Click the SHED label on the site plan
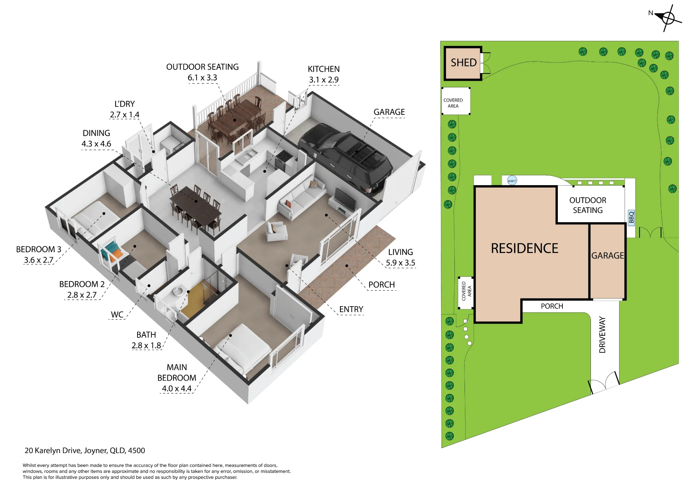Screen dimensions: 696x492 [464, 63]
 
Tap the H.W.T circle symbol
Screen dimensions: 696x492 [512, 181]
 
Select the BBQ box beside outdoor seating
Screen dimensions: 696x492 [631, 217]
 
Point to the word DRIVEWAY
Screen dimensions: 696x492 [602, 335]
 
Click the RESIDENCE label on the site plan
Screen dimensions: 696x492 [524, 248]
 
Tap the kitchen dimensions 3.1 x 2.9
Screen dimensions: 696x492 [324, 80]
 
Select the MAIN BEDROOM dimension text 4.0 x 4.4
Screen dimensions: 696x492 [176, 389]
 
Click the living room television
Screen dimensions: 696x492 [345, 198]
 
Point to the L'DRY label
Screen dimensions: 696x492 [125, 104]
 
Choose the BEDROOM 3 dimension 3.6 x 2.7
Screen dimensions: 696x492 [39, 260]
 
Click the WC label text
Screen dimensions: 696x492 [117, 315]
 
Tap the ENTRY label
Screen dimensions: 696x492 [351, 309]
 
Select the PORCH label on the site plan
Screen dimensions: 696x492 [552, 306]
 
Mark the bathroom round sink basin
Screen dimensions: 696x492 [178, 290]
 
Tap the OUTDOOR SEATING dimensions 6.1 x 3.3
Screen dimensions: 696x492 [202, 78]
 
